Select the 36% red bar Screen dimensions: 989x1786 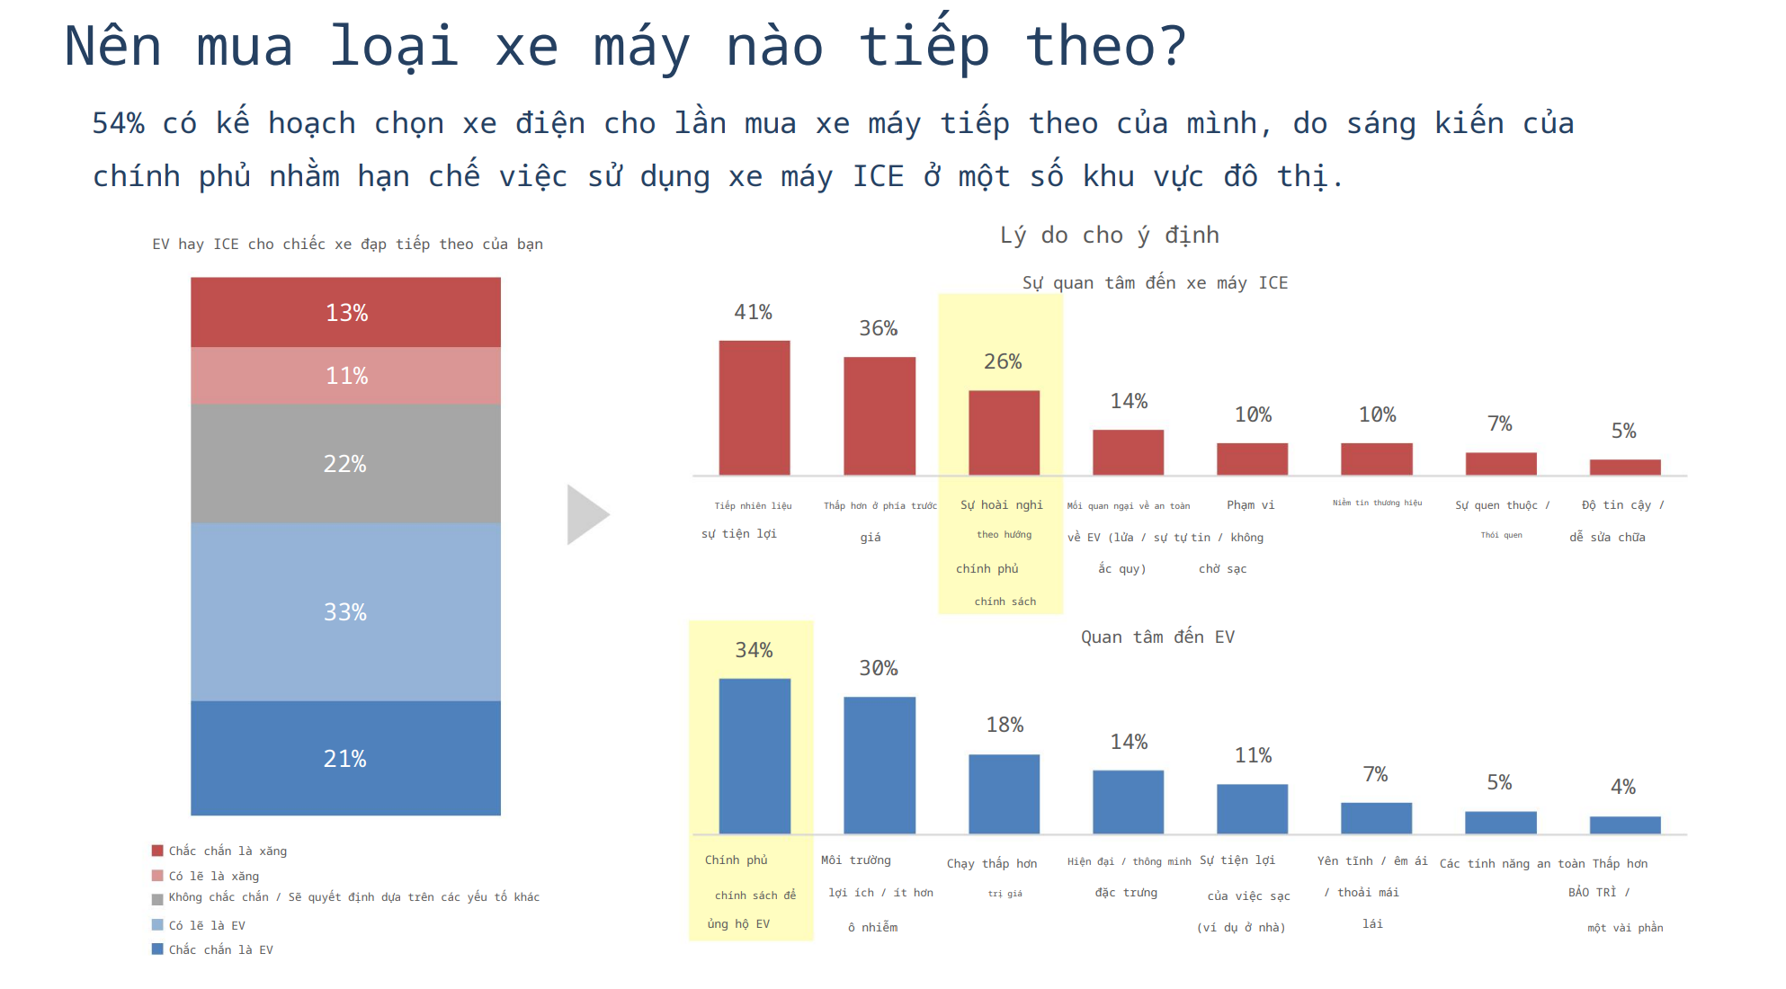[879, 415]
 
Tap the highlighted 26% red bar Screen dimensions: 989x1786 [1004, 432]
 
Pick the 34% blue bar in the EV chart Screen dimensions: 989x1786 [755, 755]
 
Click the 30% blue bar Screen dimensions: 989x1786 [879, 764]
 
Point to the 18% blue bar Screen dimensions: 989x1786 [1004, 793]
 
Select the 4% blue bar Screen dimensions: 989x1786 [1624, 824]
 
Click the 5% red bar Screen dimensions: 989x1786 [1624, 467]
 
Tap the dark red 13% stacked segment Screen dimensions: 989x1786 [345, 312]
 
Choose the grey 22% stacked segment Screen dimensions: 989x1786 [345, 463]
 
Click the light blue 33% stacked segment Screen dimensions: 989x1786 [345, 611]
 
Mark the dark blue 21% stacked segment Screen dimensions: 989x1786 [345, 758]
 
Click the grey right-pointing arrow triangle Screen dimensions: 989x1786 [585, 514]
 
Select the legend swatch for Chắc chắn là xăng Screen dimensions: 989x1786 [157, 851]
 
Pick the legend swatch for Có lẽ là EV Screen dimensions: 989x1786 [157, 925]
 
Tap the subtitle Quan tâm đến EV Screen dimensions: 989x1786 [1157, 637]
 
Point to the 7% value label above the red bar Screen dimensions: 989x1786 [1499, 423]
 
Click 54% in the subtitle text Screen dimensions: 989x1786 [118, 123]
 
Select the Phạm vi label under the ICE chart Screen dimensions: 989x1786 [1250, 505]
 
